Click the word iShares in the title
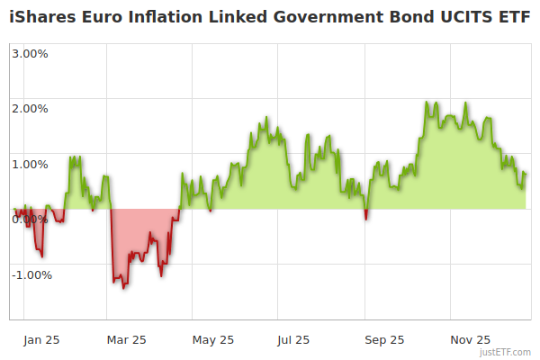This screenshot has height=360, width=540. pos(40,17)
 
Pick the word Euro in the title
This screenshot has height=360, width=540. pos(95,17)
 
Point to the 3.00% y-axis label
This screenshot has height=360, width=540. pos(30,53)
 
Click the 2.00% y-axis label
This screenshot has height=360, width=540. pos(30,109)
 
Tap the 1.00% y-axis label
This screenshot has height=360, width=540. pos(30,164)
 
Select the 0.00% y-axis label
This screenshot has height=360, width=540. pos(30,219)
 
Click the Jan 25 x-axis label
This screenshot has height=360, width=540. pos(42,340)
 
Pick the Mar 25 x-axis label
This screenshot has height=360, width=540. pos(126,340)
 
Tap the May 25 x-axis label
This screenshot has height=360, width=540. pos(213,340)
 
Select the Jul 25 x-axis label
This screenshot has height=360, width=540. pos(292,340)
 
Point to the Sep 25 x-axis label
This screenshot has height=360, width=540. pos(384,340)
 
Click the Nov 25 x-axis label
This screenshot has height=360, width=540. pos(471,340)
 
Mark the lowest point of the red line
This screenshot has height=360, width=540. pos(123,288)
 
